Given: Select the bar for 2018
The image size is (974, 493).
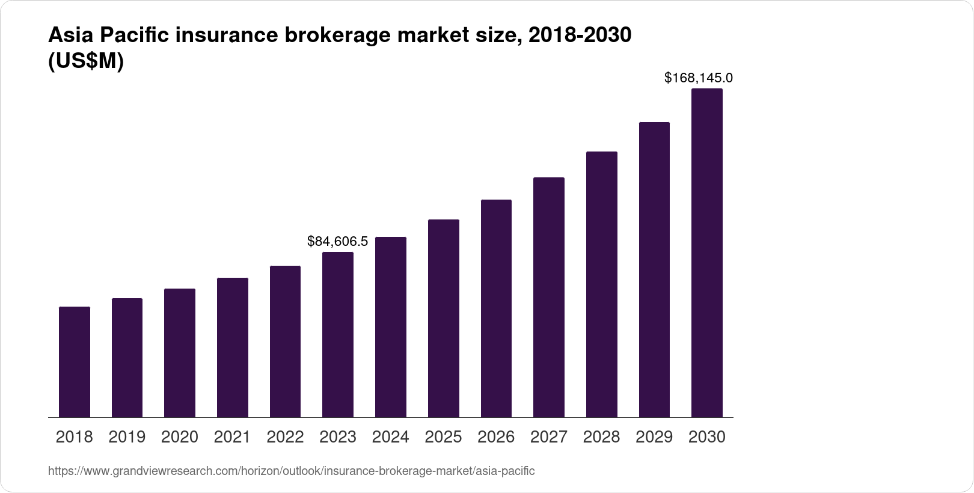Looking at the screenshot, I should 75,362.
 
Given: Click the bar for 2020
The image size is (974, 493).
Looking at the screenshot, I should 180,353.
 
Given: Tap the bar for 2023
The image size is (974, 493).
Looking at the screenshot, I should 338,334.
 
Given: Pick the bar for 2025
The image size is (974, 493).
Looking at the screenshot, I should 444,318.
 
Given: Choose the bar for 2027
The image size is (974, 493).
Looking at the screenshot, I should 549,297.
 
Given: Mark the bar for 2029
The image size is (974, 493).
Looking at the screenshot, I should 654,269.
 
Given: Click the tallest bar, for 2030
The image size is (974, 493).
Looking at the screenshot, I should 707,253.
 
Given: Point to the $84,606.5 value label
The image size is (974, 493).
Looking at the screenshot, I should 337,242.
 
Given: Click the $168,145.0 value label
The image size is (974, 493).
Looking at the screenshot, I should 698,78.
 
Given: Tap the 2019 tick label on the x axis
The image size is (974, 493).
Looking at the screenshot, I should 127,437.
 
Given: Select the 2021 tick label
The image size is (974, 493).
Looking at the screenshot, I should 232,437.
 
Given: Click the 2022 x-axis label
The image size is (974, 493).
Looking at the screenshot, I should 285,437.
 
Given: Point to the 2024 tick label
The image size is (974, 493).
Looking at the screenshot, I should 390,437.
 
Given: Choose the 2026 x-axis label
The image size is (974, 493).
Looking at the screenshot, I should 496,437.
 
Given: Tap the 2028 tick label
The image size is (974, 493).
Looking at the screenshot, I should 601,437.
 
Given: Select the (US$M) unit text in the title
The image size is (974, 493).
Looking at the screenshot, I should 85,61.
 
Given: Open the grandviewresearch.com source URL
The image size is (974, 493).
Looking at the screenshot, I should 291,471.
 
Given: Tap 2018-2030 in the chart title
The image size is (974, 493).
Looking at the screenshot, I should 580,36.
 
